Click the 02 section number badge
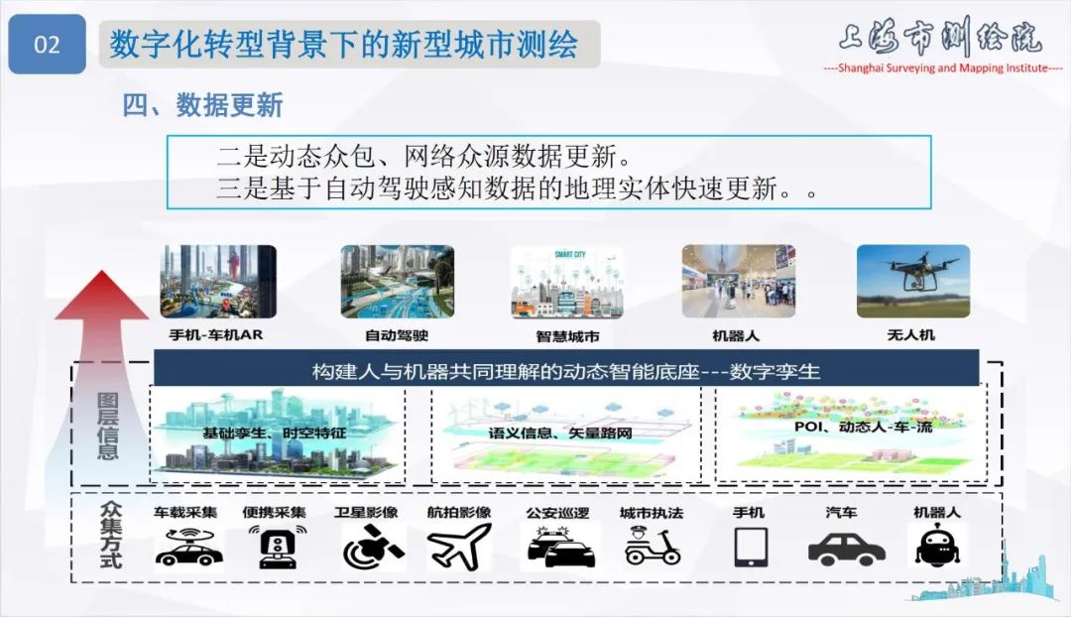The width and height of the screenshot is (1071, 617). (47, 45)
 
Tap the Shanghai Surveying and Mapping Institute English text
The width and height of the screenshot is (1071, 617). (943, 67)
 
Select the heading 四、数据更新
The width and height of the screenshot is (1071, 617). (202, 105)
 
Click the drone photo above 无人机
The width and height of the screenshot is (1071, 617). (912, 282)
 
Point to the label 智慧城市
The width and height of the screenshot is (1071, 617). (567, 336)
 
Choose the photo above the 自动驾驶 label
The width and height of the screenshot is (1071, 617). (397, 282)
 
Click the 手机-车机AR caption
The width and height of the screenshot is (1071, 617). (217, 335)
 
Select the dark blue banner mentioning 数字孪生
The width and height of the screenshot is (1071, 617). (566, 372)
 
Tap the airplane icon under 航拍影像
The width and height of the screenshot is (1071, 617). (459, 547)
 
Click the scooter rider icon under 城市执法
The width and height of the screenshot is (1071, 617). (652, 547)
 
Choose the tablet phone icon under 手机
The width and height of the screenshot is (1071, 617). (750, 547)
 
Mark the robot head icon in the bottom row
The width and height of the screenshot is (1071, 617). (935, 547)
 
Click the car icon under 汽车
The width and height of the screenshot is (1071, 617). (846, 548)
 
